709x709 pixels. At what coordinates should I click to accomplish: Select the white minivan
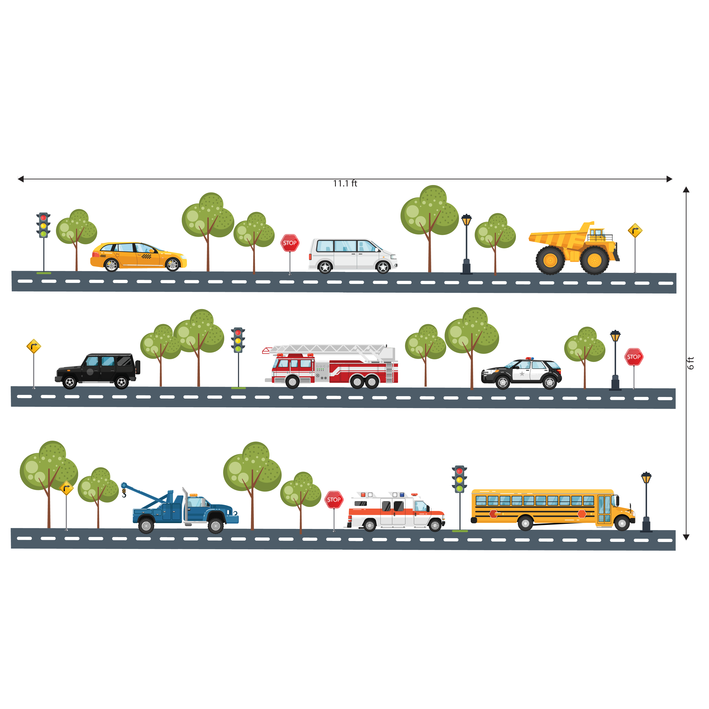coord(352,255)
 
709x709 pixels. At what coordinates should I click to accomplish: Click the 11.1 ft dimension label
coord(345,183)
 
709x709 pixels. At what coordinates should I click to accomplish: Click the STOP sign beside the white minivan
coord(290,243)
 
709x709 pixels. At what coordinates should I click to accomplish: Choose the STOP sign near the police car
coord(634,357)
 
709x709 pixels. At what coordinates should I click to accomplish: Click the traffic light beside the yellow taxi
coord(43,225)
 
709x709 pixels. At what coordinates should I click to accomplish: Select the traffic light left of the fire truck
coord(238,340)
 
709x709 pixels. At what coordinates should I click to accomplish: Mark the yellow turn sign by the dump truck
coord(635,230)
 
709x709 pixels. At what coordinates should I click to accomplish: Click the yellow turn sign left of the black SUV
coord(34,346)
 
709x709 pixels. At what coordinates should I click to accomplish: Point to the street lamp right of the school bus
coord(646,501)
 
